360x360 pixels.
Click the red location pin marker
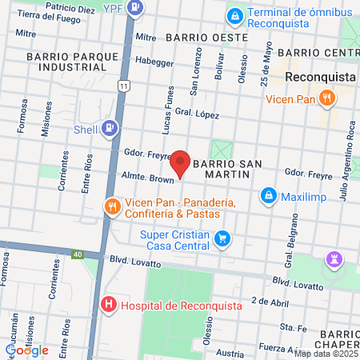click(x=182, y=162)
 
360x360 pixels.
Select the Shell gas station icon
click(x=109, y=128)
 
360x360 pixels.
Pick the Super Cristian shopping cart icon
click(x=224, y=238)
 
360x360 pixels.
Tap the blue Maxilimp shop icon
click(x=268, y=195)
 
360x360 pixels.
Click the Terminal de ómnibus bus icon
click(x=234, y=16)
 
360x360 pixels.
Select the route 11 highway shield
click(x=122, y=85)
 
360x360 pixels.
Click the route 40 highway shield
click(x=77, y=254)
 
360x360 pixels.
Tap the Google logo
click(x=26, y=350)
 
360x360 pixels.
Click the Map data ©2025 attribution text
click(x=326, y=354)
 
